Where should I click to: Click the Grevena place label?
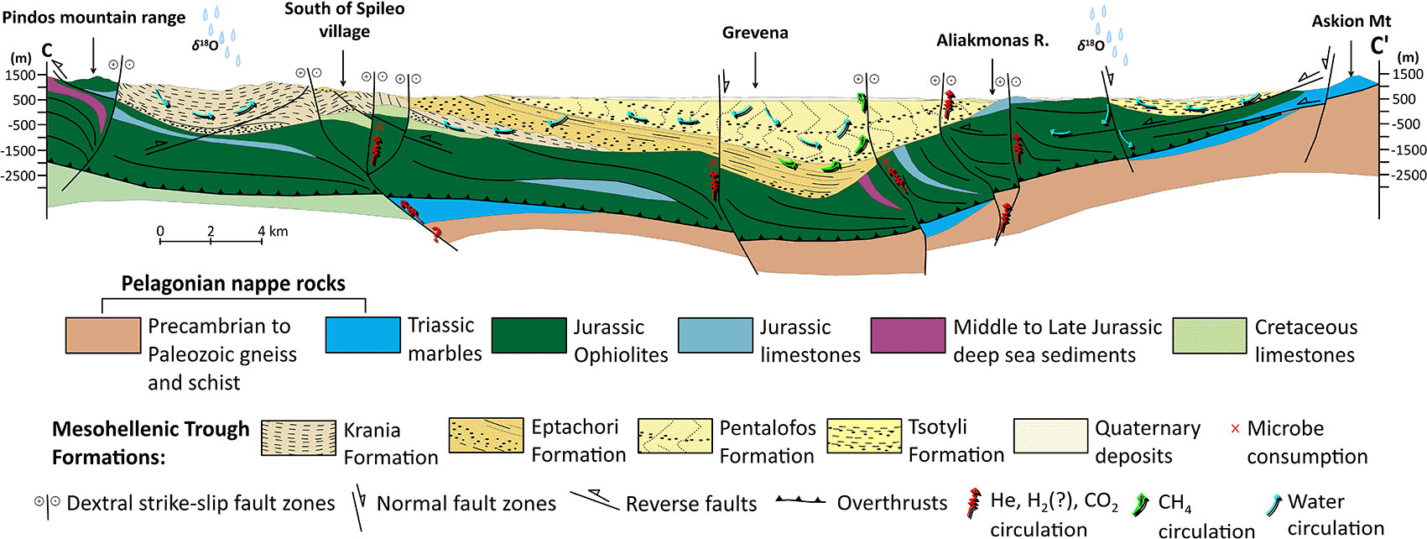[x=755, y=33]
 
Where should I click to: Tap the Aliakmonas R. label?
[x=992, y=41]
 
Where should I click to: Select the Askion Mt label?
[x=1351, y=21]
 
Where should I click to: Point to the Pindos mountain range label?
[x=94, y=18]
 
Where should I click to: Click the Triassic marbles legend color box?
[x=362, y=336]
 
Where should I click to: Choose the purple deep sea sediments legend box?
[x=908, y=336]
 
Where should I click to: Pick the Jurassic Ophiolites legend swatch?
[x=529, y=336]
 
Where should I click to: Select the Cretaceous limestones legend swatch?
[x=1209, y=336]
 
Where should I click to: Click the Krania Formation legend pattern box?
[x=299, y=437]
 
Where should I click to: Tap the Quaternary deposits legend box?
[x=1050, y=437]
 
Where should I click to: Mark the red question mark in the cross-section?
[x=436, y=235]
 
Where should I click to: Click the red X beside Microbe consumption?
[x=1235, y=429]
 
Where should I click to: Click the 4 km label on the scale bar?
[x=273, y=231]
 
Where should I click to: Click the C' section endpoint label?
[x=1380, y=46]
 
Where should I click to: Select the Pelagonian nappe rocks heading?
[x=233, y=284]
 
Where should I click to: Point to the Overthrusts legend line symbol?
[x=801, y=501]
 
